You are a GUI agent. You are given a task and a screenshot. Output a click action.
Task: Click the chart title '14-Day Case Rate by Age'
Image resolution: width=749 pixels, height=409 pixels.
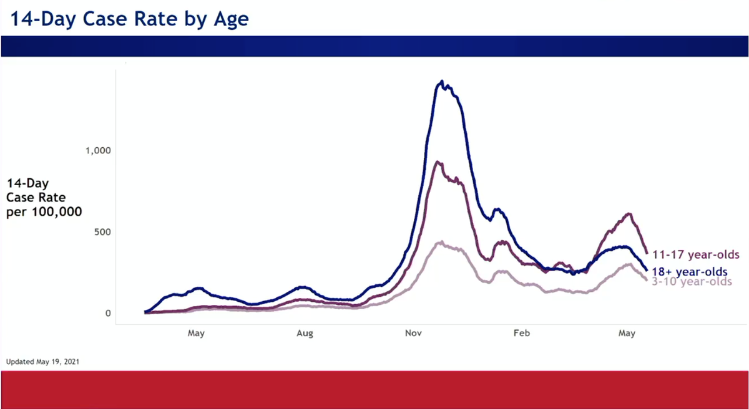tap(129, 19)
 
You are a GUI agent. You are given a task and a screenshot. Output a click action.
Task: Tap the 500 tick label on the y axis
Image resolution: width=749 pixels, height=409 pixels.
tap(102, 232)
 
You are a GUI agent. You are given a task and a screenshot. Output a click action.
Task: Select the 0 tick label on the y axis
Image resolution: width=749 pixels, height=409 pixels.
tap(108, 313)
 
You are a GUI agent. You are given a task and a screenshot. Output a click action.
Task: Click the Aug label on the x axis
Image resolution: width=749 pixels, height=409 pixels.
tap(305, 334)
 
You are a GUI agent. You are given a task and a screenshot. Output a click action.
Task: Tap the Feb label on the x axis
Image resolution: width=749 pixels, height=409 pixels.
tap(521, 334)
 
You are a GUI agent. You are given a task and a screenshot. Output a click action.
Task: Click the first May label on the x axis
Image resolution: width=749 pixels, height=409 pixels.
tap(196, 334)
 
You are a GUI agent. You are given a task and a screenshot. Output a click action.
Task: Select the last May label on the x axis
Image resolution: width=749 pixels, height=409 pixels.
tap(627, 334)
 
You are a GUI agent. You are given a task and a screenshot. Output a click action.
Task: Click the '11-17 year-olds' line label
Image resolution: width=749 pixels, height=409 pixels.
tap(695, 254)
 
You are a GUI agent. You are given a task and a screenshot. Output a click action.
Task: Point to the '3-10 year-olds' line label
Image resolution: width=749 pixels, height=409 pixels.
tap(692, 282)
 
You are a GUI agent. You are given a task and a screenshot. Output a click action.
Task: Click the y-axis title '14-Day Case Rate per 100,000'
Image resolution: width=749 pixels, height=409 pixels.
tap(44, 198)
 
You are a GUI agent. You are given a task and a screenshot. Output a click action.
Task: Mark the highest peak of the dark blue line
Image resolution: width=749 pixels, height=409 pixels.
tap(442, 81)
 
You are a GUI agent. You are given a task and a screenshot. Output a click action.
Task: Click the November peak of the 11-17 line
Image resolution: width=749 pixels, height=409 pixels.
tap(438, 162)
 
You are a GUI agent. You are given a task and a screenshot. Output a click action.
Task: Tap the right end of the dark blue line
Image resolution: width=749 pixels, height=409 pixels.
tap(646, 269)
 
